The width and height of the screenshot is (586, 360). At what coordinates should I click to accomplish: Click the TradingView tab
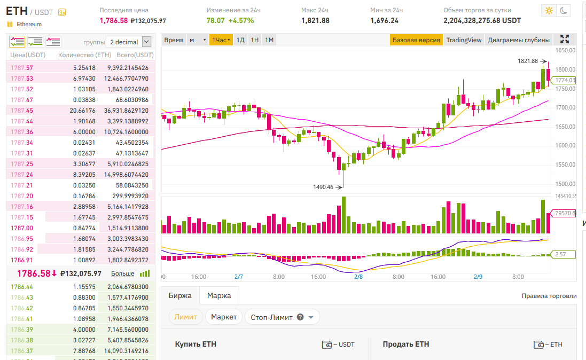pyautogui.click(x=464, y=40)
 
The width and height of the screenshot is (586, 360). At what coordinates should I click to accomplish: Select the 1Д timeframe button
pyautogui.click(x=240, y=40)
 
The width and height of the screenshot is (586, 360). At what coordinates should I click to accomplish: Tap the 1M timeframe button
pyautogui.click(x=269, y=40)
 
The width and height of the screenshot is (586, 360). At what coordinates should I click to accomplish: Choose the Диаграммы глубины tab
pyautogui.click(x=519, y=40)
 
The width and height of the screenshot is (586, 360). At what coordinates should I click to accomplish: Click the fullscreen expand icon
pyautogui.click(x=565, y=40)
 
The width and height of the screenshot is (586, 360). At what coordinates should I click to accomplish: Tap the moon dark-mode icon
pyautogui.click(x=564, y=10)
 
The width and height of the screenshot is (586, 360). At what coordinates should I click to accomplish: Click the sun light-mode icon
pyautogui.click(x=549, y=10)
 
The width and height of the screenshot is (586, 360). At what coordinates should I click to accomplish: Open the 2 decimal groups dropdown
pyautogui.click(x=129, y=42)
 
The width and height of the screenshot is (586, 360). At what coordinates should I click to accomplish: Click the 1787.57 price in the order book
pyautogui.click(x=22, y=68)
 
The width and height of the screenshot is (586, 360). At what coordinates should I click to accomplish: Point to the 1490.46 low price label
pyautogui.click(x=323, y=187)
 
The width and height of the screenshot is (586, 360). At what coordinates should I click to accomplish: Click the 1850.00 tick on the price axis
pyautogui.click(x=565, y=50)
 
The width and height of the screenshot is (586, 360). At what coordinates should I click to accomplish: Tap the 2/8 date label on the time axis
pyautogui.click(x=358, y=277)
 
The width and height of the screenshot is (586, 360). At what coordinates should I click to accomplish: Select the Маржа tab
pyautogui.click(x=219, y=295)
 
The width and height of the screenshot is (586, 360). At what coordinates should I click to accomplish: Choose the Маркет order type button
pyautogui.click(x=224, y=317)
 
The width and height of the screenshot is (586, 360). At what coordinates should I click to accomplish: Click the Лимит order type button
pyautogui.click(x=186, y=317)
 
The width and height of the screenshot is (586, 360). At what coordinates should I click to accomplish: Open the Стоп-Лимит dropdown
pyautogui.click(x=282, y=317)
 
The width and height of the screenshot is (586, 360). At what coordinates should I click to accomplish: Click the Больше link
pyautogui.click(x=122, y=273)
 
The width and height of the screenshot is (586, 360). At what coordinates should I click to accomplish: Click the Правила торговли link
pyautogui.click(x=549, y=296)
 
